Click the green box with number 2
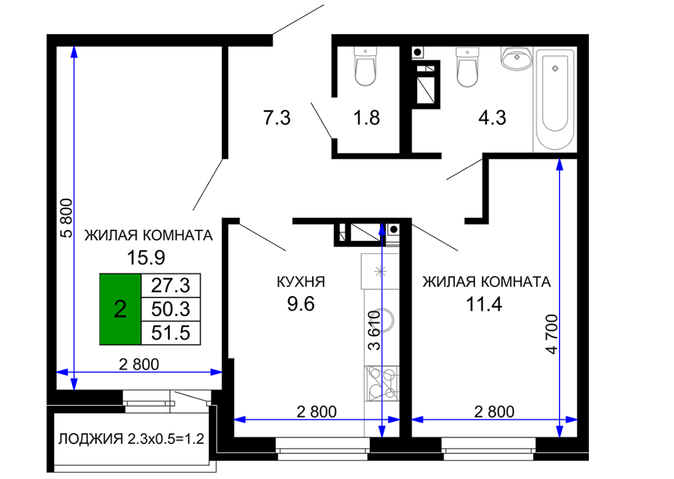pos(120,309)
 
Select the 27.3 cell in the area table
pos(171,285)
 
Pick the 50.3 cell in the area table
pos(171,309)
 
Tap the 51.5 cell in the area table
pos(171,333)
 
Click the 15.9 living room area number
pos(145,258)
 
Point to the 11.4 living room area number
pos(484,304)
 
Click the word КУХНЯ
pos(301,282)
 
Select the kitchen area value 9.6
pos(301,304)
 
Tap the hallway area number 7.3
pos(277,117)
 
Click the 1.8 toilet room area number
pos(366,117)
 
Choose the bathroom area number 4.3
pos(492,117)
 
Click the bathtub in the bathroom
pos(555,100)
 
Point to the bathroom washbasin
pos(516,59)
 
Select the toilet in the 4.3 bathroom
pos(467,67)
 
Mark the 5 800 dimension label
pos(67,218)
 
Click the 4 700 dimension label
pos(552,335)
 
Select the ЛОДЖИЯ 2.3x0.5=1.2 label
pos(131,439)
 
